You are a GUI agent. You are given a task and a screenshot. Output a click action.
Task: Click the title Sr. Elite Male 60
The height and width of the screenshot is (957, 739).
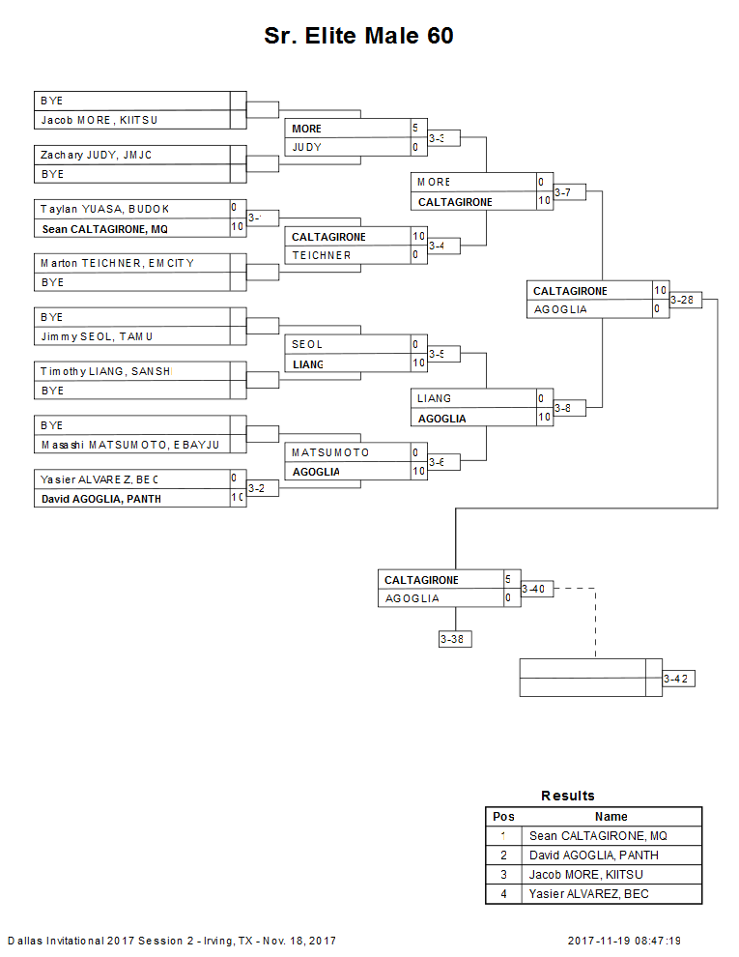tap(358, 37)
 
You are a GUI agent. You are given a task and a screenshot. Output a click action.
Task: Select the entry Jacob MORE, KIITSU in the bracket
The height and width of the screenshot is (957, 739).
tap(99, 120)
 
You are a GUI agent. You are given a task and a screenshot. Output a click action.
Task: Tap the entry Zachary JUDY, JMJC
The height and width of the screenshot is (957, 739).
tap(96, 155)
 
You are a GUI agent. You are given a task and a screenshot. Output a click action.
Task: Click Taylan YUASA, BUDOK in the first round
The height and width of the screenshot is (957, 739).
tap(104, 209)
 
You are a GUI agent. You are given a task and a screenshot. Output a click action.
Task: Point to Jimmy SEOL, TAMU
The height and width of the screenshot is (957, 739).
tap(97, 336)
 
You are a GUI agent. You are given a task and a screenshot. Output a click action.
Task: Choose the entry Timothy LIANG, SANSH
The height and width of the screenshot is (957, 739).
tap(104, 371)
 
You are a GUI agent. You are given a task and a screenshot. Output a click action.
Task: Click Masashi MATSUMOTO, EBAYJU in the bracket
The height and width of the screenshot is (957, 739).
tap(129, 445)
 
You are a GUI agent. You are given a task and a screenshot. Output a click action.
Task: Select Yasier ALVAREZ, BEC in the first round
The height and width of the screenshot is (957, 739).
tap(99, 479)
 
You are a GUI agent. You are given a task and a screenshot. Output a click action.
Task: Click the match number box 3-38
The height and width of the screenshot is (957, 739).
tap(454, 639)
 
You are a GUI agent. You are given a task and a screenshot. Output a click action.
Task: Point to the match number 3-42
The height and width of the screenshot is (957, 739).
tap(677, 679)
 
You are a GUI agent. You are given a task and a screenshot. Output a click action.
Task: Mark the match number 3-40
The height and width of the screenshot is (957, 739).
tap(536, 589)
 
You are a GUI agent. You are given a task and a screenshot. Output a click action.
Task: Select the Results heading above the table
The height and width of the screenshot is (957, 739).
tap(568, 796)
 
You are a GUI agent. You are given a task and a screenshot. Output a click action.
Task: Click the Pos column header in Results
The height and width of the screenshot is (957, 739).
tap(503, 817)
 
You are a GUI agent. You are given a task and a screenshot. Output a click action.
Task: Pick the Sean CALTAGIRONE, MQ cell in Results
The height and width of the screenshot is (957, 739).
tap(598, 836)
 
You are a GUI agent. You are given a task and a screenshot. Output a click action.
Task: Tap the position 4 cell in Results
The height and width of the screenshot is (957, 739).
tap(503, 894)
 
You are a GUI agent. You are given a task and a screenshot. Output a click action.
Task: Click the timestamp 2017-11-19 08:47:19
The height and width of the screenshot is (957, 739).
tap(624, 941)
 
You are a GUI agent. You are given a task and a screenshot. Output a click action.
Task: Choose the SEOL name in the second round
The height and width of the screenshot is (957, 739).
tap(307, 344)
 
